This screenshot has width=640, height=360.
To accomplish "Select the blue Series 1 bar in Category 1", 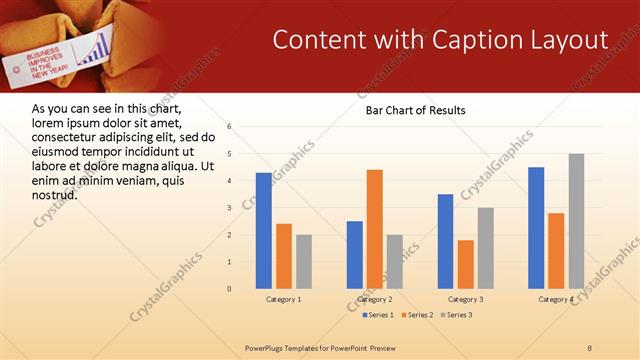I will tap(263, 231).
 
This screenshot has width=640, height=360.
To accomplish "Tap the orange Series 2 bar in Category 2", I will tap(375, 229).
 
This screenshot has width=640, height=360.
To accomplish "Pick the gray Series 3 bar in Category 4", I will tap(576, 221).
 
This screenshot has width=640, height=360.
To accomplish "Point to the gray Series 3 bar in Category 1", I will tap(303, 262).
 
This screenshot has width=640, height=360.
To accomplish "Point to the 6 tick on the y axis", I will tap(229, 127).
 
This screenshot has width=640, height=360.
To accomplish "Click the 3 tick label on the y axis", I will tap(229, 208).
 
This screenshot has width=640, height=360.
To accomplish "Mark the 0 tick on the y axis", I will tap(229, 289).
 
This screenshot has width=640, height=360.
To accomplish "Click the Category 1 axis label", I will tap(283, 299).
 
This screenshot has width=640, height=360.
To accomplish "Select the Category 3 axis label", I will tap(465, 299).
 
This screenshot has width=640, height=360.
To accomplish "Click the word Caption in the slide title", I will tap(473, 40).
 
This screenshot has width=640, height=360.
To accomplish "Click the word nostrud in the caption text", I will tap(55, 194).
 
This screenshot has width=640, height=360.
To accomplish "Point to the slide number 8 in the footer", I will tap(590, 346).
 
